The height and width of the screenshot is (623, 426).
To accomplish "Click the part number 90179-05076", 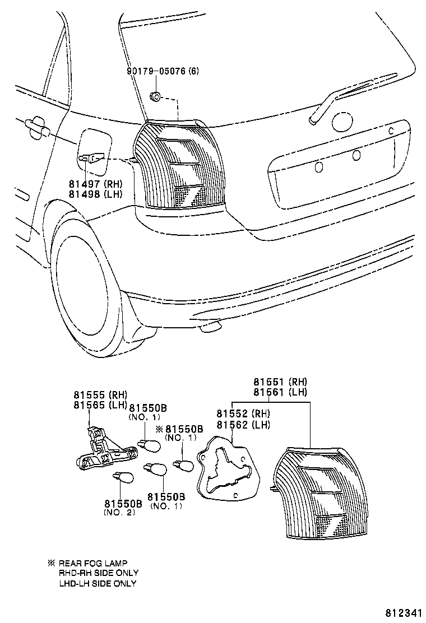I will click(x=163, y=71).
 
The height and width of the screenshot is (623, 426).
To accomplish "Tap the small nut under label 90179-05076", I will click(x=156, y=98).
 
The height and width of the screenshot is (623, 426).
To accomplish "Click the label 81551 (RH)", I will click(x=280, y=382).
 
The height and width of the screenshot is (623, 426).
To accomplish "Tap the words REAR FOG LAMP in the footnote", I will click(x=92, y=563).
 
